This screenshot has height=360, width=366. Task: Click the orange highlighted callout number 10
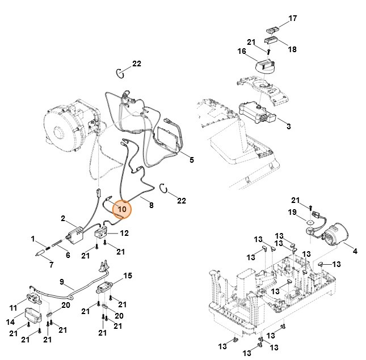point(121,209)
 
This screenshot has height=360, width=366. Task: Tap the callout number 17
point(293,19)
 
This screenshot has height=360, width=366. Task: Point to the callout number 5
point(191,160)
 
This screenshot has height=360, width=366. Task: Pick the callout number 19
point(293,212)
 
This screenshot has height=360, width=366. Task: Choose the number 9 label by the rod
point(62,281)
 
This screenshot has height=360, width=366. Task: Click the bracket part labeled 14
point(33,315)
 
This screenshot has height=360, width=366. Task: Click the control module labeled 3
point(258,110)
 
